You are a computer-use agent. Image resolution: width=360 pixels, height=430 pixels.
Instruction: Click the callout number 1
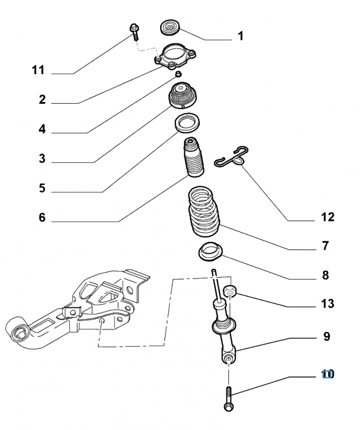[241, 37]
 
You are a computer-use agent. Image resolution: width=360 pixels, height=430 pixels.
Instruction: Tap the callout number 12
[327, 217]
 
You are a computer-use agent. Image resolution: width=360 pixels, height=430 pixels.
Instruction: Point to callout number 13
[327, 304]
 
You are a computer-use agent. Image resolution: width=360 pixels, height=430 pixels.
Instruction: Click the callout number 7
[325, 246]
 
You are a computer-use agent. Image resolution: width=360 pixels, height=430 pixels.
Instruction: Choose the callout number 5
[41, 189]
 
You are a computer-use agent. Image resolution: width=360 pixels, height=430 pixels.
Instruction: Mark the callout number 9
[326, 337]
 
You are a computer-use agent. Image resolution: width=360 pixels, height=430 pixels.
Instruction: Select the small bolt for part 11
[134, 32]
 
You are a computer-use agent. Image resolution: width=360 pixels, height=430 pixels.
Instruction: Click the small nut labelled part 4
[178, 73]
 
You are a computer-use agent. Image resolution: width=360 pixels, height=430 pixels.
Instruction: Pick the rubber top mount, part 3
[183, 96]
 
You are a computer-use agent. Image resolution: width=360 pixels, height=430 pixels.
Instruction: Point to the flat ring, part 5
[187, 123]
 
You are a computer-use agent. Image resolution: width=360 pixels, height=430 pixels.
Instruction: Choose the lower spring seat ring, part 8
[211, 251]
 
